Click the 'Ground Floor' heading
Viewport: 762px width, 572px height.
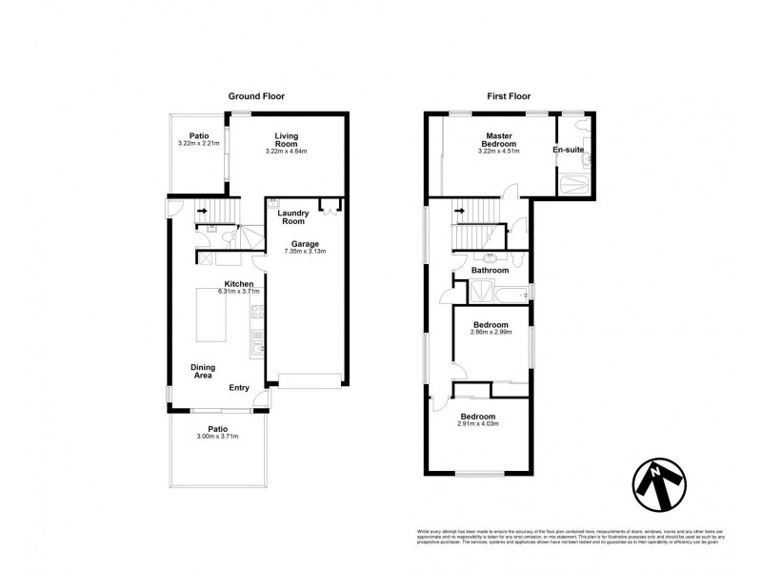click(256, 96)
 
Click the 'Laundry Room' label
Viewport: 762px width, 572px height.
click(297, 216)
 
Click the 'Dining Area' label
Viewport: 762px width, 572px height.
click(202, 372)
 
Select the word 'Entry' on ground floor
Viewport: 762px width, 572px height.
click(240, 387)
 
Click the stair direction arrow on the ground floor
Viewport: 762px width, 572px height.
click(202, 213)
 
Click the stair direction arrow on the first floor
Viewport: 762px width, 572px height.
click(459, 212)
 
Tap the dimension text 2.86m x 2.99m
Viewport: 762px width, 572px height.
click(492, 335)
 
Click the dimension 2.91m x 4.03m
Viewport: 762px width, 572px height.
click(479, 424)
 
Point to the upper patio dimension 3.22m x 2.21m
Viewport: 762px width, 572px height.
click(198, 144)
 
